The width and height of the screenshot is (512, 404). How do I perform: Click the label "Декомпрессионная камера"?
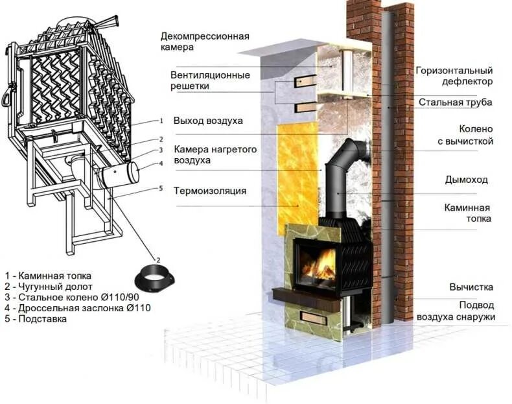(x=204, y=42)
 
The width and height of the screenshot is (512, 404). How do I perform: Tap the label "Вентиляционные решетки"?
(x=210, y=80)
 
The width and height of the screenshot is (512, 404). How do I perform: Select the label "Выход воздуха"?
(x=207, y=121)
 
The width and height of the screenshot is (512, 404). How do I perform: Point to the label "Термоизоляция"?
(x=209, y=191)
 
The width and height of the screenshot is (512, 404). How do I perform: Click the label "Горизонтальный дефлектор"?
(x=454, y=76)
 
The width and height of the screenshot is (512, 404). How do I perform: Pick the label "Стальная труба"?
(x=455, y=102)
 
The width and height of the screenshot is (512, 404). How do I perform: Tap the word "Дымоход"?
(x=466, y=179)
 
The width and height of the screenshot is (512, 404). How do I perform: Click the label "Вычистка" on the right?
(x=471, y=287)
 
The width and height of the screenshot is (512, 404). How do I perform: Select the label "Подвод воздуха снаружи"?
(x=465, y=311)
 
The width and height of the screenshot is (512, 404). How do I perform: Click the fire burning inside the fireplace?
(x=319, y=266)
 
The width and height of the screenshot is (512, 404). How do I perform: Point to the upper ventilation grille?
(x=304, y=81)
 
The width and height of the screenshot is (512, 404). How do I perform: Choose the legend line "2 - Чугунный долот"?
(x=49, y=286)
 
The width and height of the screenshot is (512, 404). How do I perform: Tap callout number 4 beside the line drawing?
(x=161, y=163)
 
